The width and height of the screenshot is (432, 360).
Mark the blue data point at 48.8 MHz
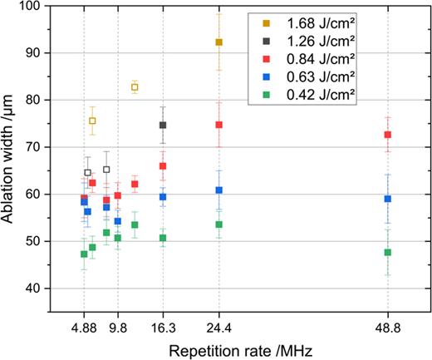tap(388, 199)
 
